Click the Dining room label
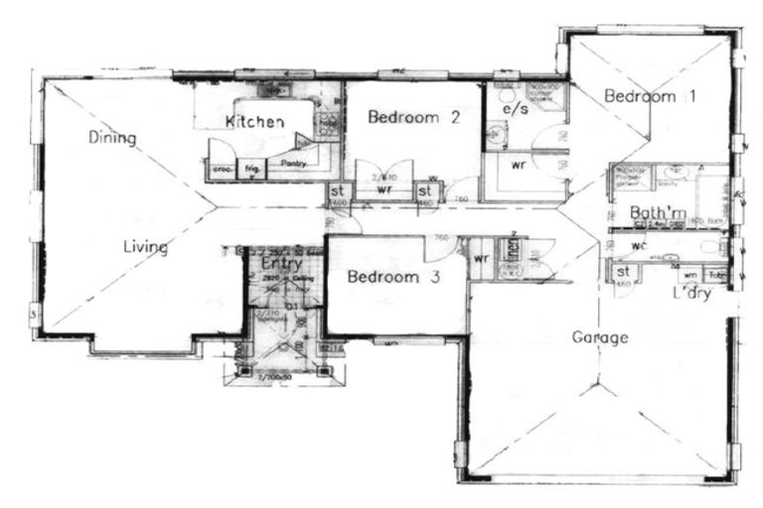tap(111, 137)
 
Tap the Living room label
tap(145, 247)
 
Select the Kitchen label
tap(255, 122)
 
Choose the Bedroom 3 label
tap(392, 278)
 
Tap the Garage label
tap(599, 337)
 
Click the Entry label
tap(282, 264)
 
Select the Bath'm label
tap(658, 213)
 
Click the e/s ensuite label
tap(515, 108)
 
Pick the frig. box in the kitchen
tap(253, 170)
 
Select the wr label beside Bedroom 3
tap(481, 259)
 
